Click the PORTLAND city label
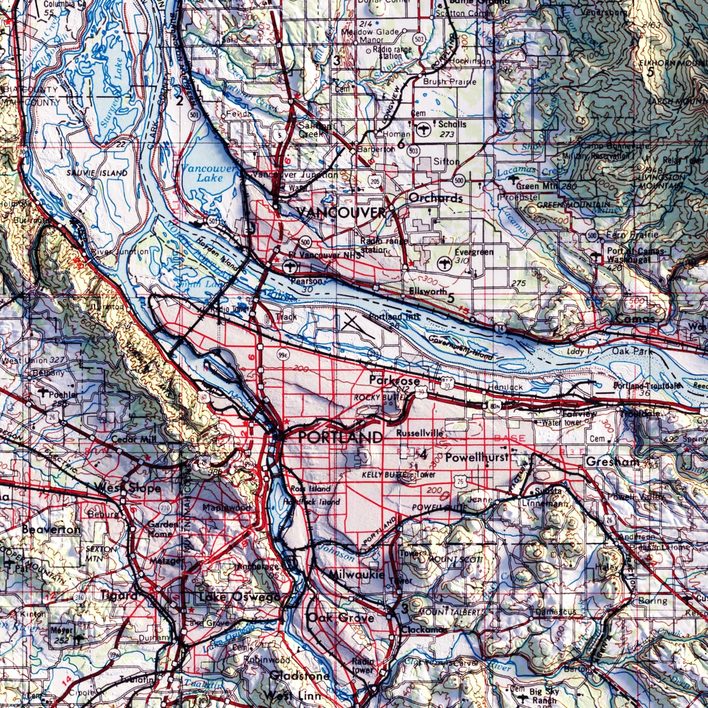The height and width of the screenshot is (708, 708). (x=341, y=437)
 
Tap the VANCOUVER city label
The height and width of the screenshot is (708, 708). (x=342, y=213)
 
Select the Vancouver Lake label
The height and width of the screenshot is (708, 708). (x=210, y=173)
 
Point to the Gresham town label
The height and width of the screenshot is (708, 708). (x=612, y=462)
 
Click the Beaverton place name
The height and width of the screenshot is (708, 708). (x=51, y=530)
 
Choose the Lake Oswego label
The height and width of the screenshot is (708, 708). (x=240, y=597)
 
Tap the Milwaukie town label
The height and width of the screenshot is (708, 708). (x=356, y=574)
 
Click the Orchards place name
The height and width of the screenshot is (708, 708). (x=436, y=198)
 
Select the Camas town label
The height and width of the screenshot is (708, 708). (x=635, y=318)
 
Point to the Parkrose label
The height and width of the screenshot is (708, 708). (x=394, y=380)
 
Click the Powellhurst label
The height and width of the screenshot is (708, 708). (x=476, y=458)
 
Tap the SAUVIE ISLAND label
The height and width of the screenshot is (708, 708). (x=97, y=173)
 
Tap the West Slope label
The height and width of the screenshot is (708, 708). (x=129, y=488)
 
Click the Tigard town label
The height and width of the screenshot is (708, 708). (x=119, y=595)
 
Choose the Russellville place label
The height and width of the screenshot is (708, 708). (x=419, y=433)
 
